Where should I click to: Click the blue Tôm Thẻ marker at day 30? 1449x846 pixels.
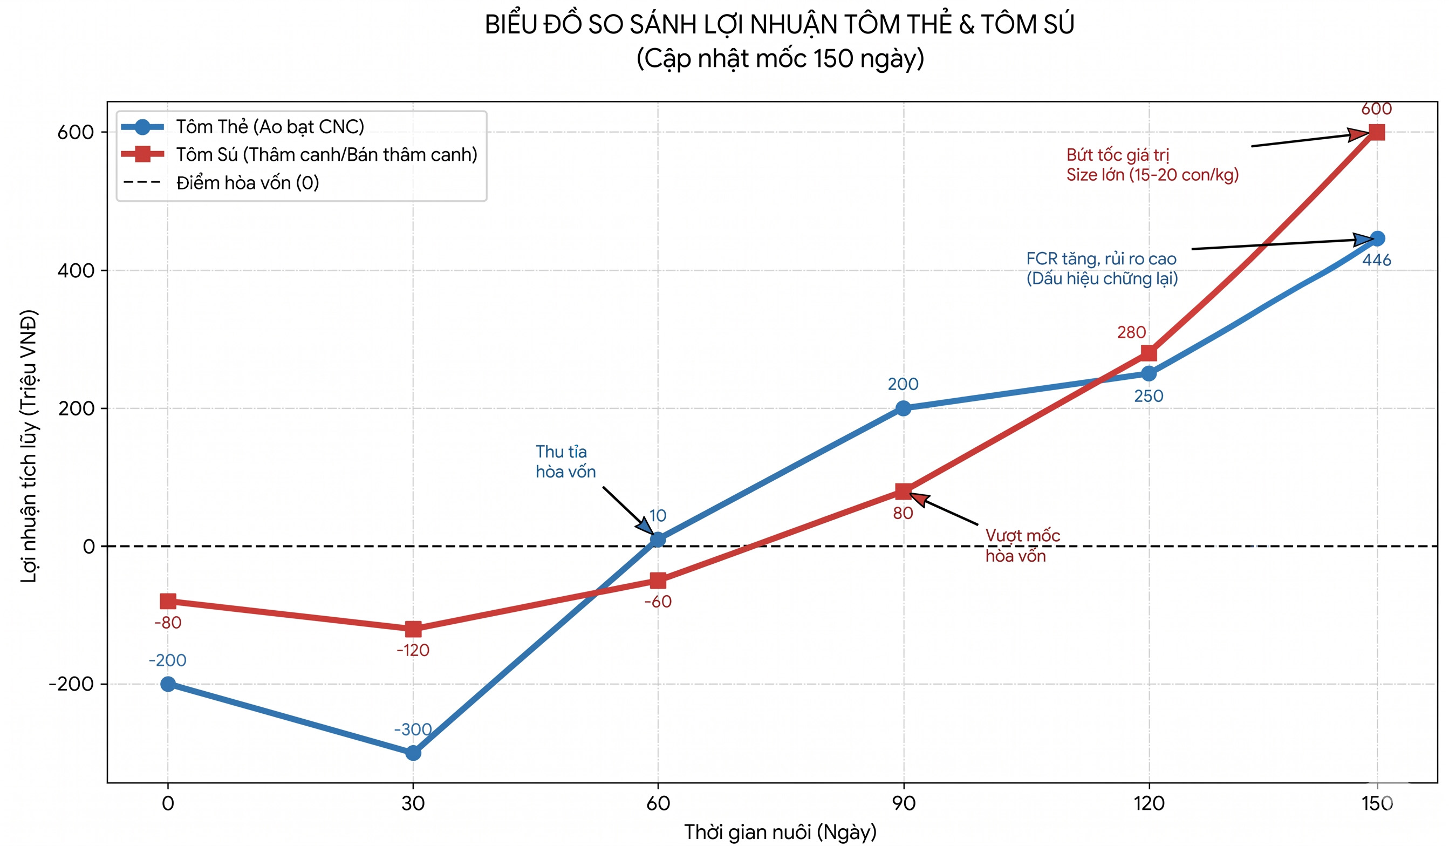[x=413, y=753]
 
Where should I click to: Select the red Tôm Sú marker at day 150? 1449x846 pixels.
[x=1377, y=132]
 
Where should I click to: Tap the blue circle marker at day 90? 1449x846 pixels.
[x=903, y=408]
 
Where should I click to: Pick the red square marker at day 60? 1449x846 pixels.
[x=658, y=581]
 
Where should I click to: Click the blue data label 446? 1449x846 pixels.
[x=1377, y=260]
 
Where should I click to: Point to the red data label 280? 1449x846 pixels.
[x=1131, y=332]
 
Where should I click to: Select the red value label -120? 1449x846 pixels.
[x=413, y=651]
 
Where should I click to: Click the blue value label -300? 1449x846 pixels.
[x=413, y=730]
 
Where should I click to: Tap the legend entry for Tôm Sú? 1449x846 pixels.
[x=326, y=155]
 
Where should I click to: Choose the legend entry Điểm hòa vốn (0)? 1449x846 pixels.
[x=247, y=183]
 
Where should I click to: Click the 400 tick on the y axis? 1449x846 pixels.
[x=76, y=270]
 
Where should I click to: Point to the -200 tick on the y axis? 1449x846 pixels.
[x=71, y=684]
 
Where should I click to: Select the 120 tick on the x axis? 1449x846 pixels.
[x=1149, y=803]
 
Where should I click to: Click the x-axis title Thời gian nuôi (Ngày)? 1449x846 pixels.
[x=780, y=832]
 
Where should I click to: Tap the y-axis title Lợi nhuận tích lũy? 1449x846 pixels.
[x=28, y=446]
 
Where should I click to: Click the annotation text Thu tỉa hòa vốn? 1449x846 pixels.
[x=565, y=462]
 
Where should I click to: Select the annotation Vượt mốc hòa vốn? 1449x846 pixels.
[x=1022, y=546]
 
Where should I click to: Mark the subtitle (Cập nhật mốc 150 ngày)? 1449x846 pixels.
[x=780, y=59]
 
